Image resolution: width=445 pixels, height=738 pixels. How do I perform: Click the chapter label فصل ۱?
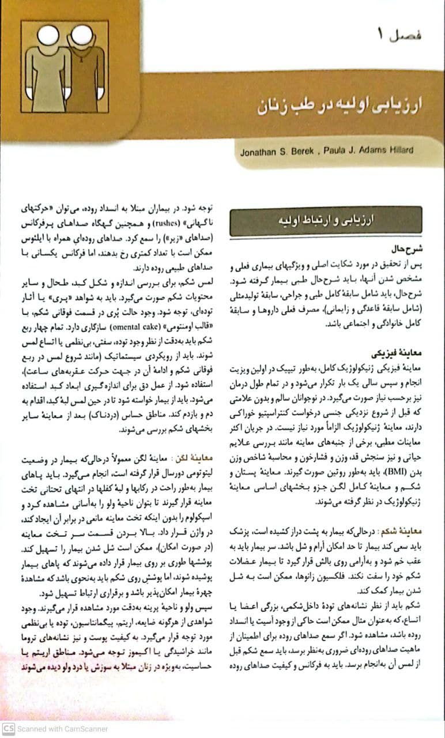pos(400,35)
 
